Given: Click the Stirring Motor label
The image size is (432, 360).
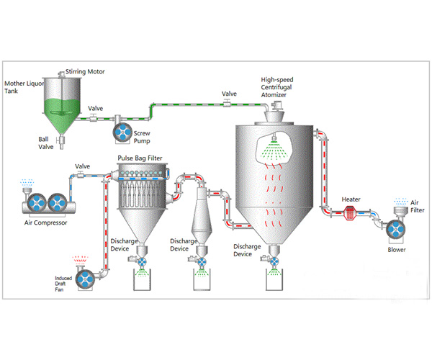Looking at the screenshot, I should (86, 72).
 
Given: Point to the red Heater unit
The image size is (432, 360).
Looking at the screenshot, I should (351, 212).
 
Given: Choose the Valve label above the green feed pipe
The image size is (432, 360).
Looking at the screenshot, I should (229, 94).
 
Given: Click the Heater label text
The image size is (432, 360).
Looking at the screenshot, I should (351, 199).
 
